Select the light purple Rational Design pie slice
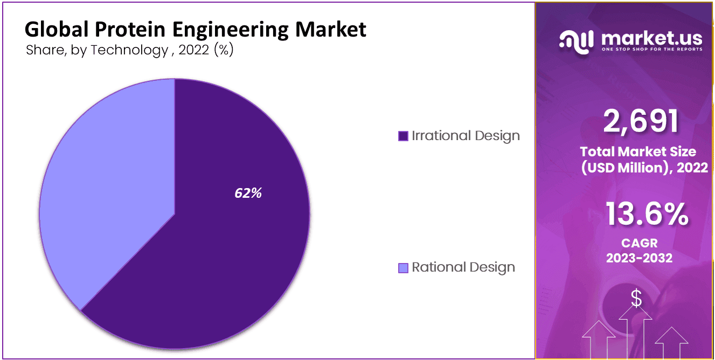click(102, 178)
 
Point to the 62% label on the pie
click(248, 193)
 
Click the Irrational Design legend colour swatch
click(403, 136)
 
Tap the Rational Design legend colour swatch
click(403, 268)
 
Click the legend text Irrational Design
click(466, 136)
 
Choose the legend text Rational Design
click(463, 267)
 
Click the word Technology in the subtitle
click(129, 50)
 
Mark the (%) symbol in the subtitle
click(224, 50)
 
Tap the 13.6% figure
click(646, 214)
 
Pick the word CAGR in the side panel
click(638, 244)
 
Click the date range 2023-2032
click(639, 258)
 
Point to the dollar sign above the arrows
click(636, 299)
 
